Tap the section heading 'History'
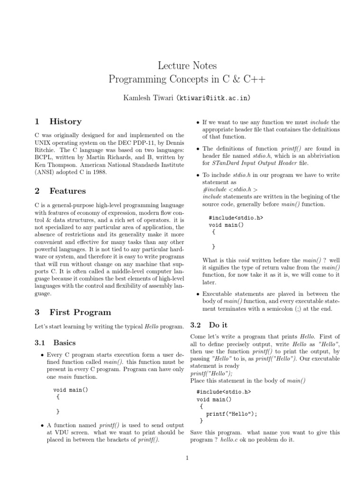pyautogui.click(x=65, y=121)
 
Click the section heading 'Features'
pyautogui.click(x=68, y=191)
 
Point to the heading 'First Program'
pyautogui.click(x=80, y=312)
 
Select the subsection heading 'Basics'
pyautogui.click(x=64, y=342)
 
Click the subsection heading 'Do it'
pyautogui.click(x=218, y=325)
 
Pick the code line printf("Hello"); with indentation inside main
pyautogui.click(x=231, y=413)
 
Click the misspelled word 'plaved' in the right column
pyautogui.click(x=286, y=294)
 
